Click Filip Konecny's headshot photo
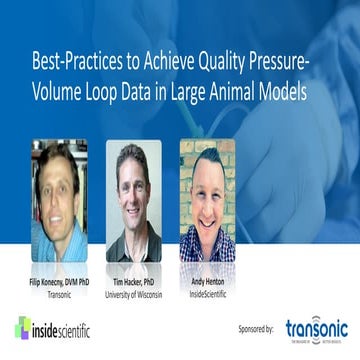point(58,200)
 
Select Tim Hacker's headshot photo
point(134,200)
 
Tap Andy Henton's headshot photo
point(207,200)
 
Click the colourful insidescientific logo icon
point(22,327)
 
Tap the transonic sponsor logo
point(317,329)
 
